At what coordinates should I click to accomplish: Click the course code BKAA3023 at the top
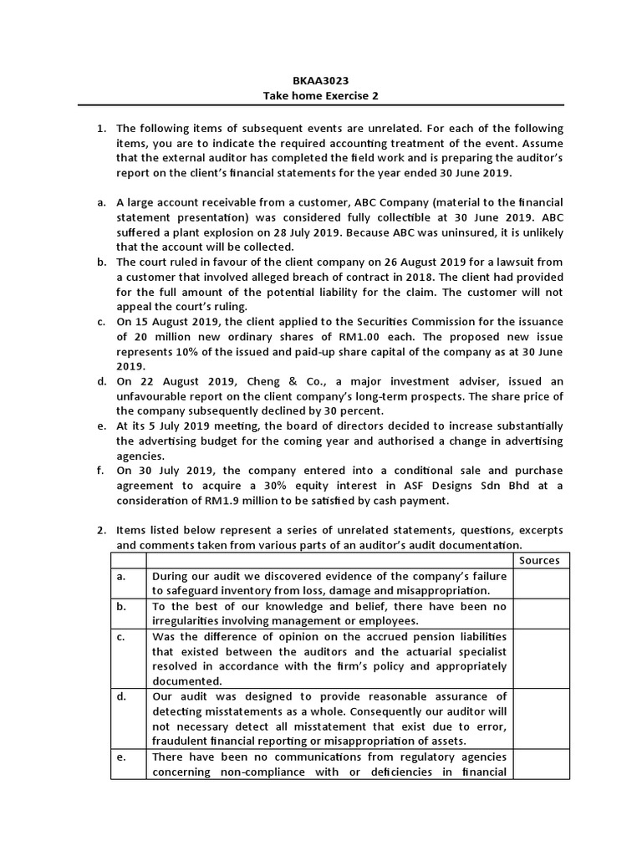coord(321,81)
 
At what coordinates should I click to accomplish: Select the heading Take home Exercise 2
coord(321,96)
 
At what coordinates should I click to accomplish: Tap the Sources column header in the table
coord(539,560)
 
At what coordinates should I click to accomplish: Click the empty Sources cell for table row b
coord(540,614)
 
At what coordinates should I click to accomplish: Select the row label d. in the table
coord(122,696)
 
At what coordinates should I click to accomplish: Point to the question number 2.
coord(100,530)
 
